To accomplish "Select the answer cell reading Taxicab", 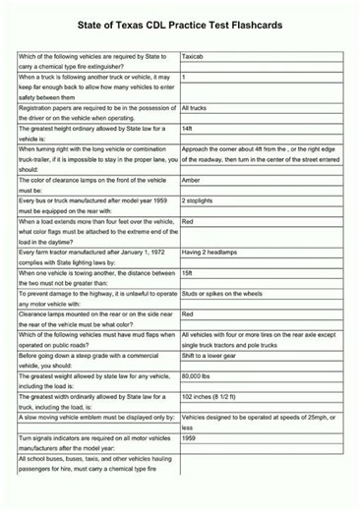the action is coord(197,58).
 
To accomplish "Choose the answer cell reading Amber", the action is coord(194,180).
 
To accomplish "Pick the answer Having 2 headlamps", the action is coord(211,253).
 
